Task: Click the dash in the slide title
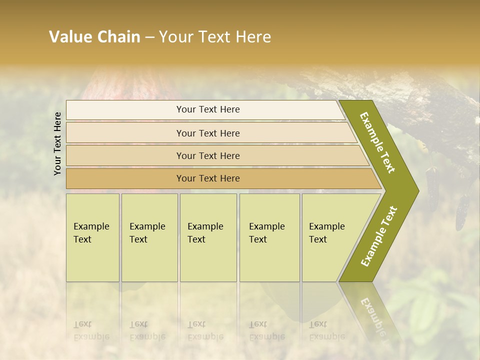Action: pos(149,37)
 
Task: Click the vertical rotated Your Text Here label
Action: pos(57,143)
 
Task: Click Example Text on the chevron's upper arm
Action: pos(377,142)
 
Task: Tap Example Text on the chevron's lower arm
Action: pos(378,236)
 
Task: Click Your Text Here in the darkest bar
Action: pos(208,178)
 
